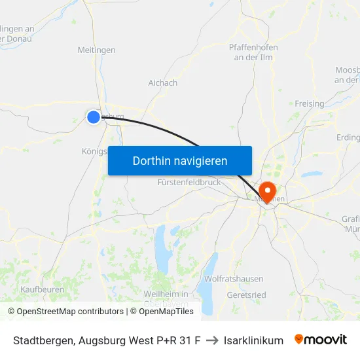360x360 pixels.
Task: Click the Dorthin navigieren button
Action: (180, 160)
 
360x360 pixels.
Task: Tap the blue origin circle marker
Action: (94, 117)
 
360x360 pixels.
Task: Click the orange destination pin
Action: (267, 191)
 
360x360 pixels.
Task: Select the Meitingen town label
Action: (96, 50)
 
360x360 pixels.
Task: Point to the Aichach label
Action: (163, 83)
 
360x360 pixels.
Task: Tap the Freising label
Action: (309, 104)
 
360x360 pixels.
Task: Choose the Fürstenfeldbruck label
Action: (189, 183)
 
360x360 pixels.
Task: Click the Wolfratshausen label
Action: (234, 279)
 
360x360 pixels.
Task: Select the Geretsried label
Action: (246, 295)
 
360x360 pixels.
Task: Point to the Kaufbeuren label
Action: (42, 289)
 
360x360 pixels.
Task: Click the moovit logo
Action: (321, 340)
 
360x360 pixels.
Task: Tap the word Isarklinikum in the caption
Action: (253, 340)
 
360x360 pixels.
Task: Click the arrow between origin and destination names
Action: (211, 340)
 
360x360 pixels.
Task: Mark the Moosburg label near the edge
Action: (347, 75)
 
